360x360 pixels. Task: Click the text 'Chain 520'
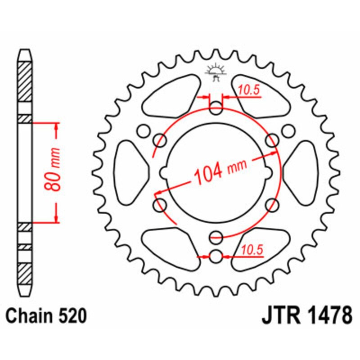pos(46,316)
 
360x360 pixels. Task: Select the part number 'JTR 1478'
pos(306,316)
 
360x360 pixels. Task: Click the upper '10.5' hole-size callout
pos(249,90)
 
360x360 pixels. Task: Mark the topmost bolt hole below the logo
pos(216,108)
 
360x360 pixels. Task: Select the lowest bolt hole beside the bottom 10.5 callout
pos(216,256)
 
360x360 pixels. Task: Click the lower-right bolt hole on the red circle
pos(272,205)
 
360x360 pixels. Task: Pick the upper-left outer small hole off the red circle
pos(144,130)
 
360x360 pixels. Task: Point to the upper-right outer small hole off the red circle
pos(288,130)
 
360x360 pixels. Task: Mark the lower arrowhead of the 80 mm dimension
pos(56,218)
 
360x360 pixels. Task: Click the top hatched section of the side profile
pos(26,81)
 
